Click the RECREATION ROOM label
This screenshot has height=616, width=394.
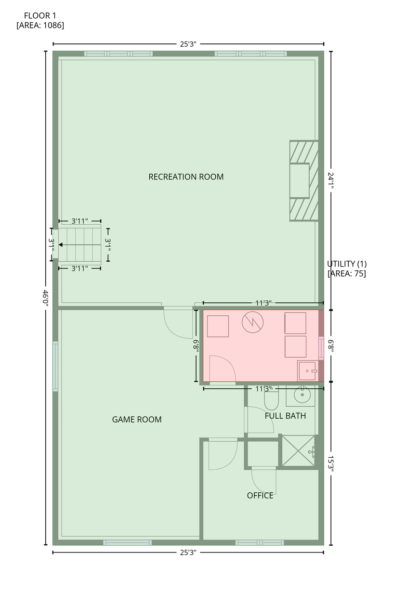tap(186, 177)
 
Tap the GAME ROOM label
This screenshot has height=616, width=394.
tap(137, 419)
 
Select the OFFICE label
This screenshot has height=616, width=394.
tap(260, 496)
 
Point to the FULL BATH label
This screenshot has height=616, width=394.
tap(285, 416)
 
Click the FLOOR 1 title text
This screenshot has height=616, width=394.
tap(40, 16)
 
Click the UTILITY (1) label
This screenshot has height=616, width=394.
tap(347, 264)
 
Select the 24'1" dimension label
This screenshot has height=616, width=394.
tap(331, 180)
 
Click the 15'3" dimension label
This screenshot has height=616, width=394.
tap(331, 464)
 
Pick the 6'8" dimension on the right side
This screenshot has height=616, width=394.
tap(331, 346)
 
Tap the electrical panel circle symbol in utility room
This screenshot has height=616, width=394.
tap(252, 322)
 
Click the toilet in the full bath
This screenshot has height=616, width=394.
tap(271, 398)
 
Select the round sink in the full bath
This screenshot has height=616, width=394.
tap(302, 395)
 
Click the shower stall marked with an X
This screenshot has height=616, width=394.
tap(298, 450)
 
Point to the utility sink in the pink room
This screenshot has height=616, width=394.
tap(307, 371)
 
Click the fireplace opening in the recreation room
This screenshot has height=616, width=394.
tap(300, 180)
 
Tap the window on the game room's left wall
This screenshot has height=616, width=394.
tap(55, 366)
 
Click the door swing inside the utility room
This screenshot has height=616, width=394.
tap(223, 369)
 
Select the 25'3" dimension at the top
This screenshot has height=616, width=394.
tap(188, 44)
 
